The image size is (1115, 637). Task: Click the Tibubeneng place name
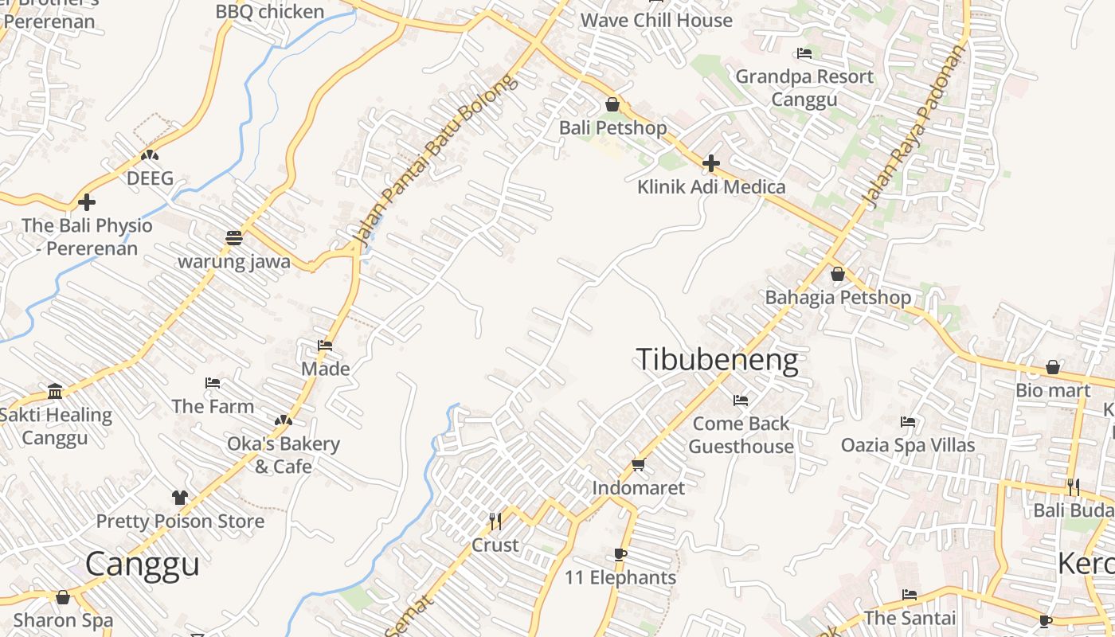[717, 361]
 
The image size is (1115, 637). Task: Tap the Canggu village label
[143, 564]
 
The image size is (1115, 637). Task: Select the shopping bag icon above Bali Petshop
[612, 104]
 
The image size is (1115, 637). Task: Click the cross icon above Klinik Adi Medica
[710, 163]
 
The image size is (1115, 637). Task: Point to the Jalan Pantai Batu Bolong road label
[435, 159]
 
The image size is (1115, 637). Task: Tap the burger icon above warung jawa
[233, 237]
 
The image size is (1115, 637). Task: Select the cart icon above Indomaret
[638, 464]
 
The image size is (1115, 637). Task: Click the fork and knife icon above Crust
[495, 522]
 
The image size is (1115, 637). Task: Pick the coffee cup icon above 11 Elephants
[620, 554]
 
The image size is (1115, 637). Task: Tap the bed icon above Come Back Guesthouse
[741, 400]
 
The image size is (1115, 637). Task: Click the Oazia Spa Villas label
[908, 444]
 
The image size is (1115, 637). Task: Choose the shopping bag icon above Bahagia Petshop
[838, 274]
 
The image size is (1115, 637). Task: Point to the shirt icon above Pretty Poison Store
[180, 498]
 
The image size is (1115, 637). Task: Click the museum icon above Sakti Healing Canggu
[55, 391]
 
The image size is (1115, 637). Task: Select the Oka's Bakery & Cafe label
[284, 455]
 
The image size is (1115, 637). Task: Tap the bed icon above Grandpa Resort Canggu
[804, 53]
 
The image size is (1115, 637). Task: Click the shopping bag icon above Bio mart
[1053, 367]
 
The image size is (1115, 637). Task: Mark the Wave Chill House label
[656, 20]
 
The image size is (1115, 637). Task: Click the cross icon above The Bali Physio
[87, 202]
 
